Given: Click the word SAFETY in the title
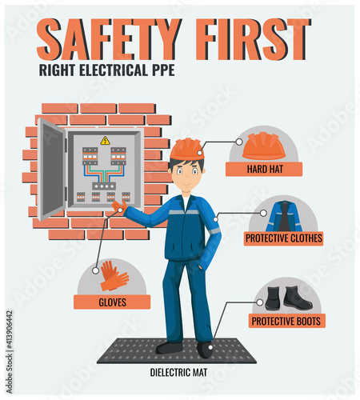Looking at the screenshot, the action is tap(109, 39).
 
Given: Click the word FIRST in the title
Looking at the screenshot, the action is tap(254, 39).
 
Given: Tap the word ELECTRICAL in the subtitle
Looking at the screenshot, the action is tap(114, 70).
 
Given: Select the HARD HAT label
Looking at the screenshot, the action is tap(264, 169).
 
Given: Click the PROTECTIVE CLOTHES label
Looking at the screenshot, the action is tap(284, 238).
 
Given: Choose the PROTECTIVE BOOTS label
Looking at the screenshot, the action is tap(286, 321).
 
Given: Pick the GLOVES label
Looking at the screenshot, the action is tap(112, 302).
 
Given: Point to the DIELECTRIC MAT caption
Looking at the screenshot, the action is tap(178, 372).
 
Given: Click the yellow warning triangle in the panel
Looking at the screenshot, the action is tap(106, 141).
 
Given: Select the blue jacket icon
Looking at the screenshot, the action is tap(284, 217).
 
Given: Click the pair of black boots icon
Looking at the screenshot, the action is tap(289, 298).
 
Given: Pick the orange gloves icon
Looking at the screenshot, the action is tap(114, 276).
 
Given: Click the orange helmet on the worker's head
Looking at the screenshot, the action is tap(187, 150).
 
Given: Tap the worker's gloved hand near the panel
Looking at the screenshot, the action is tap(119, 206).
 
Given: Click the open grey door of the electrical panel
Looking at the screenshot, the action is tap(51, 170).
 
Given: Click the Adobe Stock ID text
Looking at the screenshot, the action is tap(10, 351).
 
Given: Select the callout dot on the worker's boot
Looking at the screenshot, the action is tap(210, 347).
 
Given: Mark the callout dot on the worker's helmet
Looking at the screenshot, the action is tap(200, 153).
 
